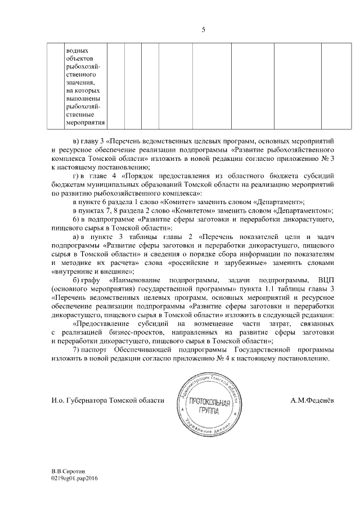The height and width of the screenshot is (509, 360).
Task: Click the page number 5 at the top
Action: (x=203, y=30)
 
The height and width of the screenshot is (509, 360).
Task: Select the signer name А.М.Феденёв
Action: (x=312, y=400)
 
